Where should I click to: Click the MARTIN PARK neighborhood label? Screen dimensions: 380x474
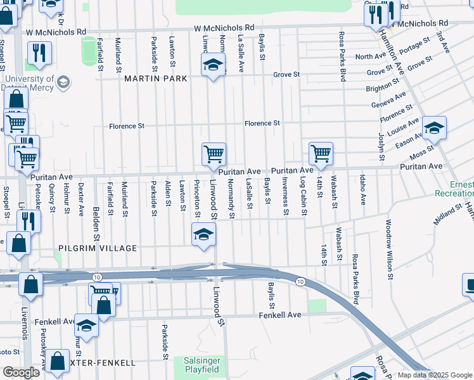coord(155,79)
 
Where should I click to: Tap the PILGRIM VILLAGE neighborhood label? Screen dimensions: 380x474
coord(97,248)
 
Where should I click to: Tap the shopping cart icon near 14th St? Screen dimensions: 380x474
coord(321,154)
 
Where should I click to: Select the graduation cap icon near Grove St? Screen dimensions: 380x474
coord(214,65)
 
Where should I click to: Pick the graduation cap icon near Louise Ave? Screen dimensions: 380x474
coord(434,128)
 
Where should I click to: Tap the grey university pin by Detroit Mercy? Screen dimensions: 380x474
coord(63,82)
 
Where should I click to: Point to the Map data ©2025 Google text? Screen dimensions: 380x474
coord(434,375)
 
